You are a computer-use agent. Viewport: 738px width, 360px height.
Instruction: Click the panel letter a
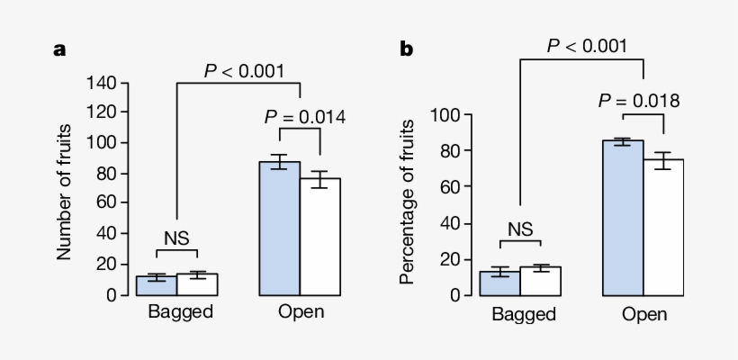click(x=59, y=50)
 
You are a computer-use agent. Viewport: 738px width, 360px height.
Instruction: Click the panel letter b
click(x=406, y=50)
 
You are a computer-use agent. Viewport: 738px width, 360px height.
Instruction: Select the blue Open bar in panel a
click(x=279, y=229)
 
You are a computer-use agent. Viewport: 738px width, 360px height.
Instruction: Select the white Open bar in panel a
click(x=319, y=238)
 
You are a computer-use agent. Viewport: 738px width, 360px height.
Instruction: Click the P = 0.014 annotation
click(x=304, y=116)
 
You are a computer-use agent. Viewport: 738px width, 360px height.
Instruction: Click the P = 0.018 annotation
click(x=638, y=100)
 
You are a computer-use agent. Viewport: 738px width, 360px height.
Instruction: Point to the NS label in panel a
click(x=175, y=238)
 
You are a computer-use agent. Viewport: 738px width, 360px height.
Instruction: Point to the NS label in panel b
click(x=519, y=229)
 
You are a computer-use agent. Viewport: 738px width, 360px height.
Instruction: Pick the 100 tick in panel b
click(x=446, y=115)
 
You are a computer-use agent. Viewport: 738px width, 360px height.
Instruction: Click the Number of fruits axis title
click(x=64, y=189)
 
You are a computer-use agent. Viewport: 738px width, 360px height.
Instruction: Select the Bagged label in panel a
click(x=180, y=313)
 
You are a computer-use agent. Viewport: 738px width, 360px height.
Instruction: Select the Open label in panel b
click(x=644, y=314)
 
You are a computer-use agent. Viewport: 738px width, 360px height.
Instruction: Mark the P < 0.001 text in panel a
click(x=244, y=70)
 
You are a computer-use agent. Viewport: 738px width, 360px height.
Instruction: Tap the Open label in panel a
click(x=300, y=313)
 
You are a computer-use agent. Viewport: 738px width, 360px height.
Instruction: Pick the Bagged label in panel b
click(x=524, y=314)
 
